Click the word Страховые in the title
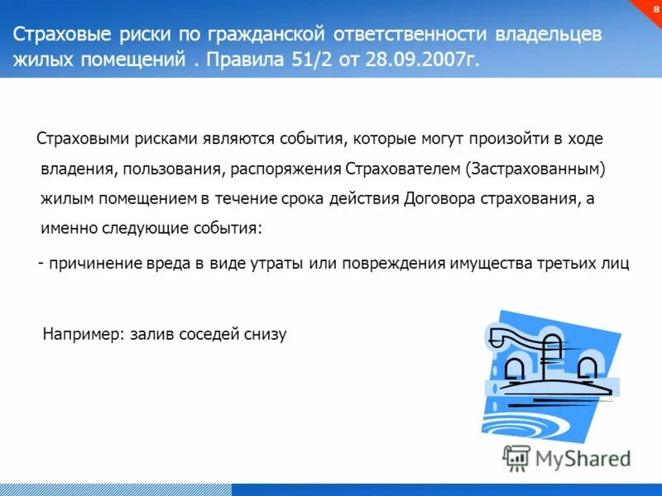point(54,36)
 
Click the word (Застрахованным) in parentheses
point(536,169)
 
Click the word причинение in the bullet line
point(94,264)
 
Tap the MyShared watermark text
point(581,457)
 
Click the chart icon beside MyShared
point(516,456)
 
